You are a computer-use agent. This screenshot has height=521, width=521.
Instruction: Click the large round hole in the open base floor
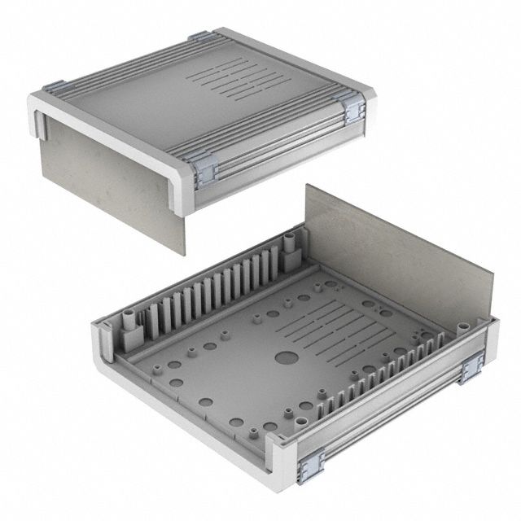(x=285, y=357)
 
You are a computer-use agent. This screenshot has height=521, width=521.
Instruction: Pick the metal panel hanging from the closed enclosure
(x=114, y=179)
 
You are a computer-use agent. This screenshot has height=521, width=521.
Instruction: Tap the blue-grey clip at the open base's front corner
(x=311, y=466)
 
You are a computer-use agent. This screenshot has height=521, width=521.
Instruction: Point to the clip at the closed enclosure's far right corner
(x=353, y=109)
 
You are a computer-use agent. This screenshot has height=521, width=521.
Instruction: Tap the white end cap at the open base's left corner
(x=102, y=350)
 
